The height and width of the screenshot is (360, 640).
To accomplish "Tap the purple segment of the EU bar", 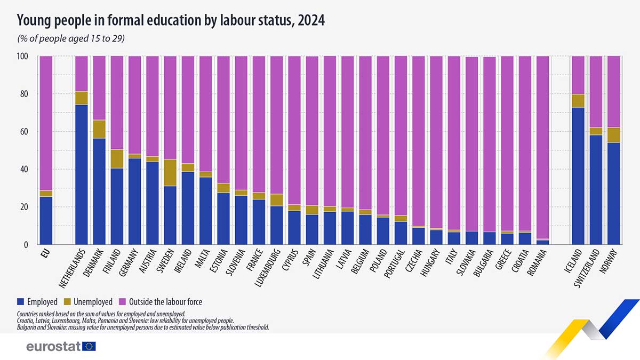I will click(x=46, y=123).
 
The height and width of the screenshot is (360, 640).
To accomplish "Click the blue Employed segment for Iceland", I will click(x=578, y=176).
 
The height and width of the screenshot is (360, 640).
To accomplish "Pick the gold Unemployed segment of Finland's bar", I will click(x=117, y=159).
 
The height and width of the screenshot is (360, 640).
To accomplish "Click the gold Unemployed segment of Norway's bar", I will click(x=613, y=135).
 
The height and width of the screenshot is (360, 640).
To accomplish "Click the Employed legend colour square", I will click(x=21, y=302).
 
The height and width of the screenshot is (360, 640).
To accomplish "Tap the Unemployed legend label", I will click(x=94, y=302).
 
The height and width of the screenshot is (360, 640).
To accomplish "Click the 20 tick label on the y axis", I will click(x=25, y=207).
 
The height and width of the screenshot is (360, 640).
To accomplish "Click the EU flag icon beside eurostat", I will click(x=89, y=347).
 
